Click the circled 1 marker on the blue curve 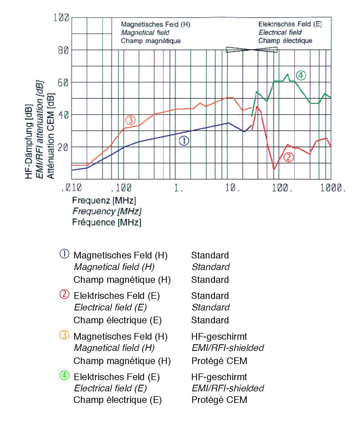click(184, 141)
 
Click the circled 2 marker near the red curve click(288, 157)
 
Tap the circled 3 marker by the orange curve click(130, 120)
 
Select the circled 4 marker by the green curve click(301, 75)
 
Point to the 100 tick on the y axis click(61, 17)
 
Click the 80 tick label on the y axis click(63, 50)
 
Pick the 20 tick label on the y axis click(63, 147)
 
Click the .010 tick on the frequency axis click(71, 188)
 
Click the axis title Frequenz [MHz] click(104, 201)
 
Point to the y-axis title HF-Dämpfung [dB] click(29, 141)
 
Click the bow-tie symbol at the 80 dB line click(252, 49)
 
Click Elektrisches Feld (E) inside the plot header click(290, 24)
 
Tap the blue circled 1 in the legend click(64, 254)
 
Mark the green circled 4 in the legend click(64, 375)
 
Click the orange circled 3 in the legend click(64, 335)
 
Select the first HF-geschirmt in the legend click(219, 336)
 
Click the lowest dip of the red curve click(274, 169)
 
